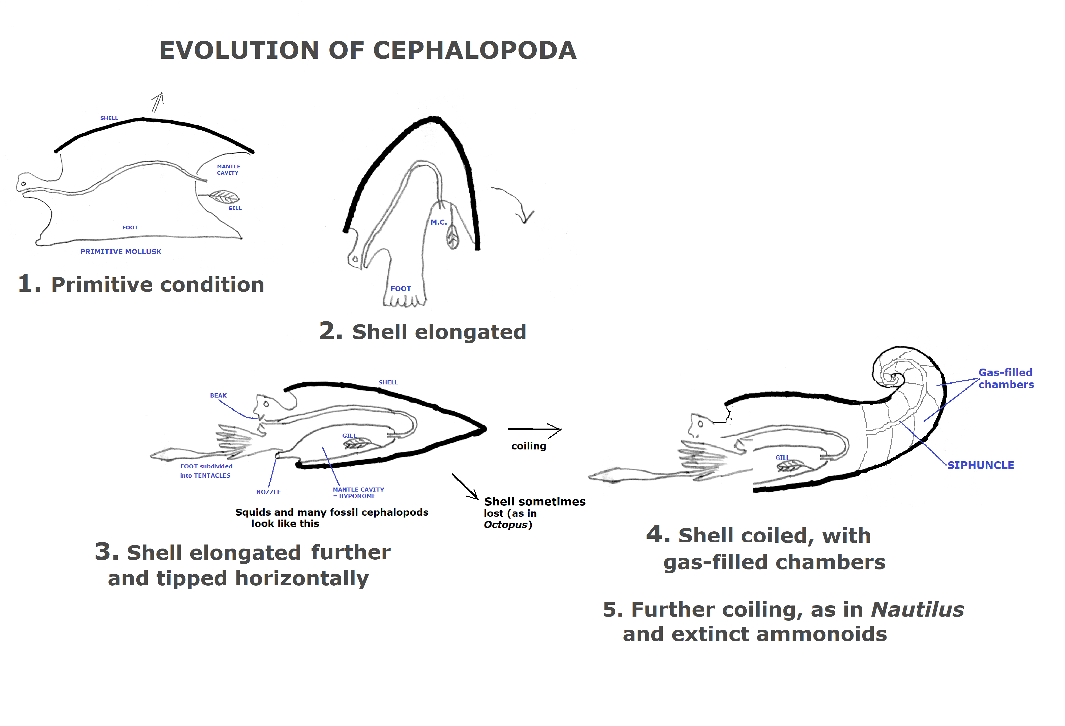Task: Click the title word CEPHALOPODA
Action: [x=474, y=50]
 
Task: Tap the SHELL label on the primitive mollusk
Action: [x=109, y=118]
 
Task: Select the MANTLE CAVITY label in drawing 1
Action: [x=228, y=170]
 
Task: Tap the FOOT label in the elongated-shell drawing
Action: [x=401, y=289]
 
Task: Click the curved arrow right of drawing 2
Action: [x=515, y=202]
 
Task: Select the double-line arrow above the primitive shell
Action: [x=157, y=102]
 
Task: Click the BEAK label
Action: [x=218, y=396]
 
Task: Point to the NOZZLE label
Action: [x=268, y=492]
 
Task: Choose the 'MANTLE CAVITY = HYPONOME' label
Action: [x=358, y=493]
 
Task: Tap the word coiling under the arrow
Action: [x=528, y=446]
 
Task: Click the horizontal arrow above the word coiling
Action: [x=534, y=430]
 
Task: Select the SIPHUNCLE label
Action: [x=980, y=465]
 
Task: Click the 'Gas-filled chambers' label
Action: [x=1006, y=379]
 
